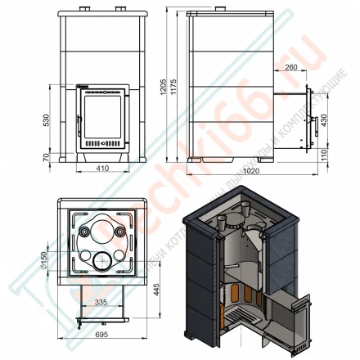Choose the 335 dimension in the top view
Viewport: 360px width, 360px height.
click(x=100, y=302)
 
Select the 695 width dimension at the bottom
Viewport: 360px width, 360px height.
click(x=100, y=336)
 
